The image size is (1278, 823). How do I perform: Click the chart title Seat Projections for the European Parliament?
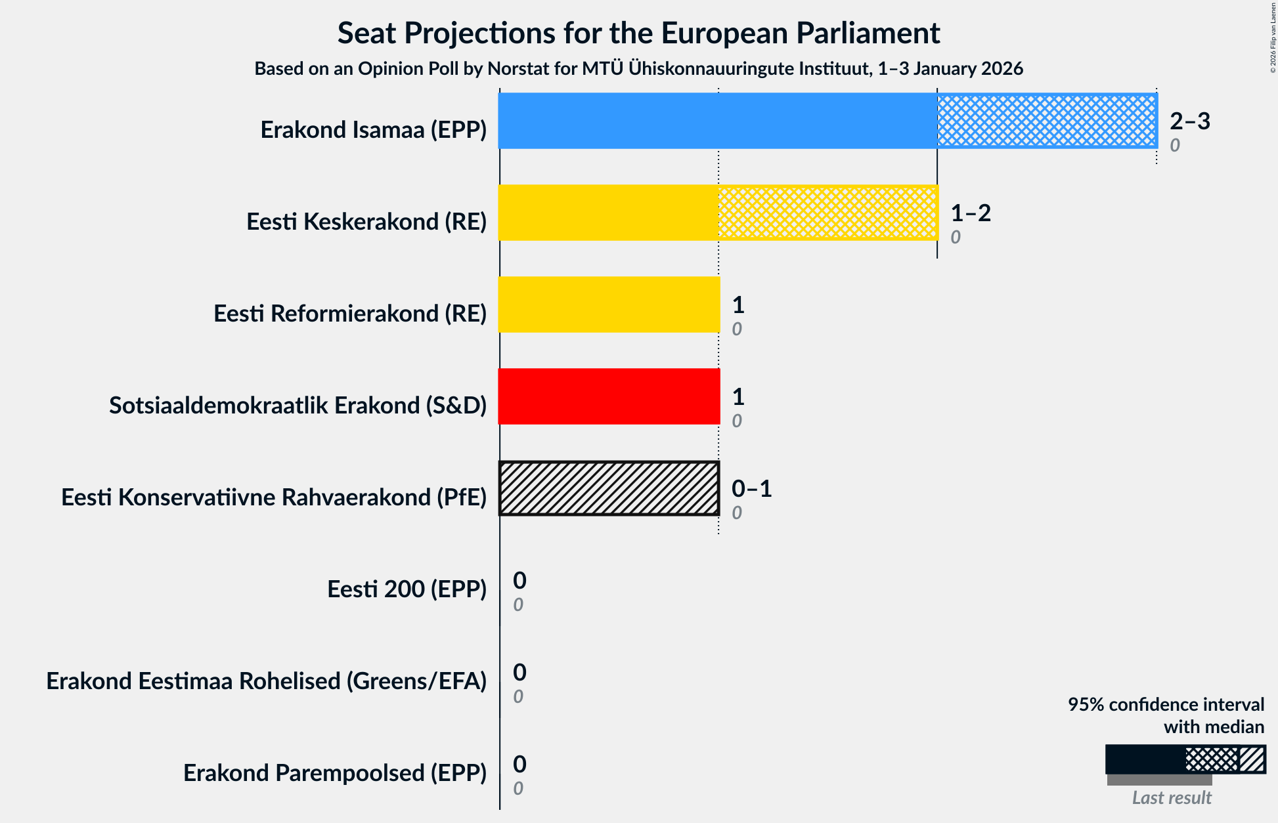coord(638,33)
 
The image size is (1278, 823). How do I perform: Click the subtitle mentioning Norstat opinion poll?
coord(638,68)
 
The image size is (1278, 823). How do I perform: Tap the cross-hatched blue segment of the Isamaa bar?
coord(1047,121)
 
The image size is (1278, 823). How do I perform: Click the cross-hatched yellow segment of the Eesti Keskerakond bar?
coord(827,213)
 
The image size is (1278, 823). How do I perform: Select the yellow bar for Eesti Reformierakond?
coord(609,305)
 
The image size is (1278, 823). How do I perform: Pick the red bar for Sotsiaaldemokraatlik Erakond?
coord(609,396)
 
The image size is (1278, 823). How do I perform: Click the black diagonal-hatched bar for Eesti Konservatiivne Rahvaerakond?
coord(609,488)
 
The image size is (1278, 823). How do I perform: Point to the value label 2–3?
coord(1189,121)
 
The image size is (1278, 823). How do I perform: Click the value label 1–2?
coord(970,213)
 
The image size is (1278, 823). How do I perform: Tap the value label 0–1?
coord(751,488)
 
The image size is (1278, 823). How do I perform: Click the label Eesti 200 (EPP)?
coord(407,589)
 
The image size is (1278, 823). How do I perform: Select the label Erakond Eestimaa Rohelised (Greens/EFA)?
coord(266,681)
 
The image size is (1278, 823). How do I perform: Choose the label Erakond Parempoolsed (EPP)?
coord(334,772)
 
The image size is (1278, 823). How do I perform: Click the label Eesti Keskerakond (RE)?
coord(366,221)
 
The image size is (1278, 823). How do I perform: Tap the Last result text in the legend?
coord(1171,797)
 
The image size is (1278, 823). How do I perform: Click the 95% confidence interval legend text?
coord(1165,704)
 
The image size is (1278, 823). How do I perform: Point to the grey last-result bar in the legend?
coord(1159,780)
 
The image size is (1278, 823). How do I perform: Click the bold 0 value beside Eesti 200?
coord(519,580)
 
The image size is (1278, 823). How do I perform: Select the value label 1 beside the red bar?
coord(738,396)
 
